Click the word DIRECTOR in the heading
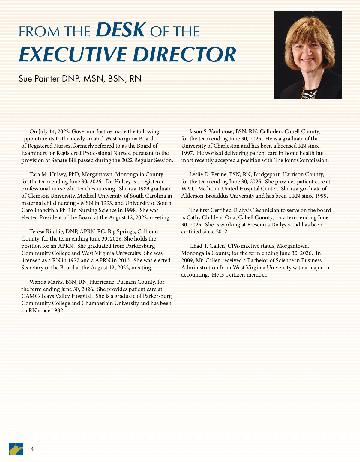(184, 55)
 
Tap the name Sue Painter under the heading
(39, 79)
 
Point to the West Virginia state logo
(16, 449)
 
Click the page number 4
(32, 449)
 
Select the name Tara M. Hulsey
(47, 174)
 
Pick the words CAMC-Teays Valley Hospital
(56, 296)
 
